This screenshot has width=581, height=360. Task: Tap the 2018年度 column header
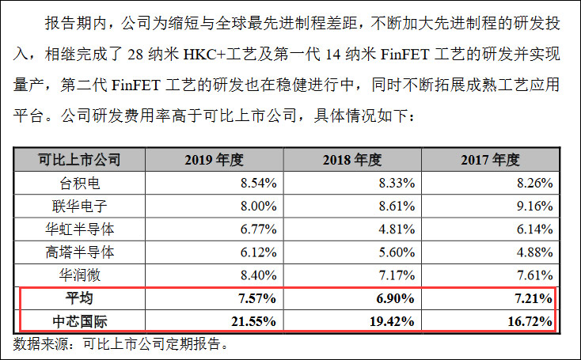(x=352, y=160)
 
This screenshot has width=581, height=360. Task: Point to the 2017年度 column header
(x=490, y=160)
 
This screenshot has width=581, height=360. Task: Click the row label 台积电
(x=80, y=184)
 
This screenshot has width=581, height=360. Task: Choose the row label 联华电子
(x=80, y=207)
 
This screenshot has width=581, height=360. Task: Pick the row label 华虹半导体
(x=80, y=229)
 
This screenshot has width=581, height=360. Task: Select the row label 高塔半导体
(x=80, y=252)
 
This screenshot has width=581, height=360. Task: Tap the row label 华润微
(x=80, y=275)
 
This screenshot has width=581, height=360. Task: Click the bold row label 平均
(x=80, y=298)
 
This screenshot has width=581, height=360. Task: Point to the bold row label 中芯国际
(x=80, y=321)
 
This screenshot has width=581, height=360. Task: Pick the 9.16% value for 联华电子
(x=532, y=207)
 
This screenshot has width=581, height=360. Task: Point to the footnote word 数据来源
(x=39, y=344)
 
